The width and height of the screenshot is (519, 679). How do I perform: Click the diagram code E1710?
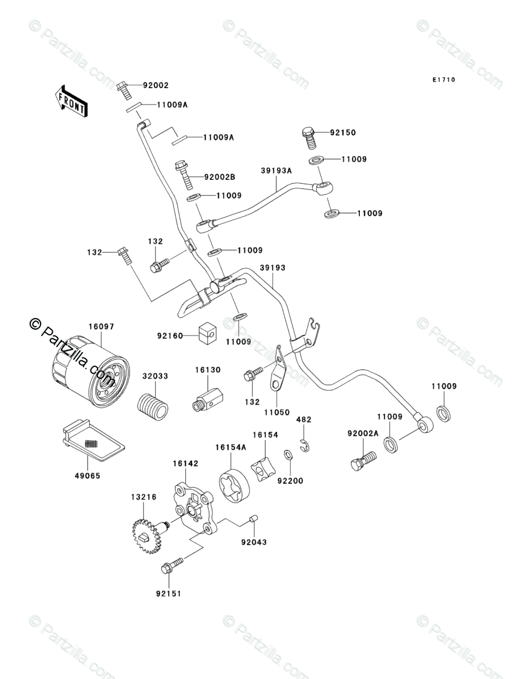pos(443,80)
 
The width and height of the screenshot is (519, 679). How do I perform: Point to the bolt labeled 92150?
pos(309,137)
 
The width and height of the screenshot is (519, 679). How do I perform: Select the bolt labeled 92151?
pos(173,564)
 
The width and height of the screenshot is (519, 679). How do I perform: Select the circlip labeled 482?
pos(304,445)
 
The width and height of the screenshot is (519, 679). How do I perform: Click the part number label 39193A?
pos(276,171)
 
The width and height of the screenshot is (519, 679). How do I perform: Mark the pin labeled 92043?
pos(253,518)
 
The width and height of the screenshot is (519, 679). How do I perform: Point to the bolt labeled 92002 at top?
pos(122,89)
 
